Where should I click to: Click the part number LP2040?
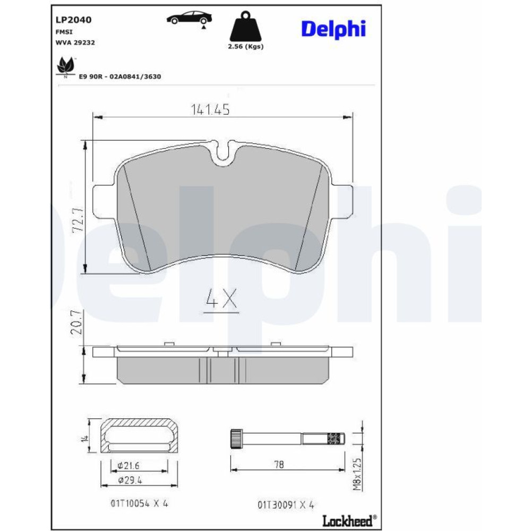[x=73, y=20]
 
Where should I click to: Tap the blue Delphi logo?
[x=333, y=29]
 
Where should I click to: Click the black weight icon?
[x=245, y=26]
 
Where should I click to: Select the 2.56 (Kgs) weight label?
[x=245, y=46]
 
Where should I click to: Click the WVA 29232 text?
[x=75, y=42]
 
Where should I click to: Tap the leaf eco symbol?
[x=66, y=66]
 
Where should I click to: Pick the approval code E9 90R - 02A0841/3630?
[x=120, y=76]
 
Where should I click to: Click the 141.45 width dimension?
[x=210, y=109]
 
